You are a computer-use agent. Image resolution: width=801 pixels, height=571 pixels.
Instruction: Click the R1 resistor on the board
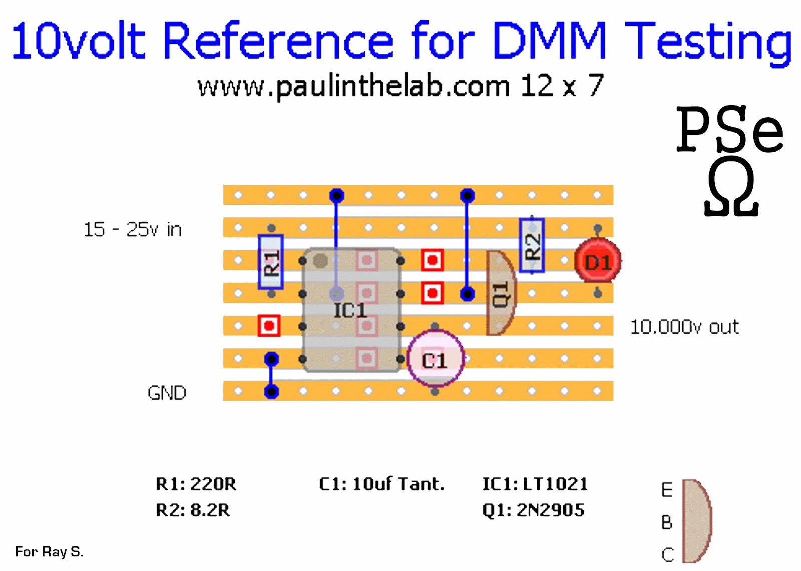[271, 262]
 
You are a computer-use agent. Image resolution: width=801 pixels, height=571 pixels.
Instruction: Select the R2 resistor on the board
[532, 245]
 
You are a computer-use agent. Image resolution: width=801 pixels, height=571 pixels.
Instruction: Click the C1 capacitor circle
[435, 359]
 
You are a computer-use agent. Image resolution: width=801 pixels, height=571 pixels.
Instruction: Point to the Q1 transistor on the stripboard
[501, 293]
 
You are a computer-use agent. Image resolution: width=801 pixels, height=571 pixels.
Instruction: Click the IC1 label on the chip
[350, 310]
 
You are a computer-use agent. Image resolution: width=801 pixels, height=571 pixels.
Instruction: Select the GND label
[167, 393]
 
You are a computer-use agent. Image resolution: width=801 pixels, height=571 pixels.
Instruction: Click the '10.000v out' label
[684, 327]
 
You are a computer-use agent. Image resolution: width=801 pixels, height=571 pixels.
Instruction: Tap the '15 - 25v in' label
[133, 229]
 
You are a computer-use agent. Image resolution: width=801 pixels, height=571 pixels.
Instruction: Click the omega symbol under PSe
[731, 187]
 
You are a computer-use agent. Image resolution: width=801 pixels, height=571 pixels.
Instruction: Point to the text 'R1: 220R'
[196, 484]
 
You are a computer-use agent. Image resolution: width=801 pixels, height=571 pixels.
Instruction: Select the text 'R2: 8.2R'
[193, 510]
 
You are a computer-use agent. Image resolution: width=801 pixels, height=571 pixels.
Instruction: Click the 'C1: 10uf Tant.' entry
[381, 484]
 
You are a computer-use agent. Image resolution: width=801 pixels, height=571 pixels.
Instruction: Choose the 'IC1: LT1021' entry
[535, 484]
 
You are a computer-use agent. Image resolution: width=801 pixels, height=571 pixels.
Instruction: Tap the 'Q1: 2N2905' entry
[533, 510]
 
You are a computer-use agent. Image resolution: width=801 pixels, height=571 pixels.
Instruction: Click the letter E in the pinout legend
[667, 490]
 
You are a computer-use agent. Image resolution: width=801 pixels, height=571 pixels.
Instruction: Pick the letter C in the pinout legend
[668, 555]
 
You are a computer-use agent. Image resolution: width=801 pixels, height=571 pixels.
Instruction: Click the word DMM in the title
[549, 40]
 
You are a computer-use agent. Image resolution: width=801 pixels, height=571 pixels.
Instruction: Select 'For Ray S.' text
[49, 551]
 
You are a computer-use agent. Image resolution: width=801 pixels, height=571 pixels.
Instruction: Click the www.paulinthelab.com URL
[353, 87]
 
